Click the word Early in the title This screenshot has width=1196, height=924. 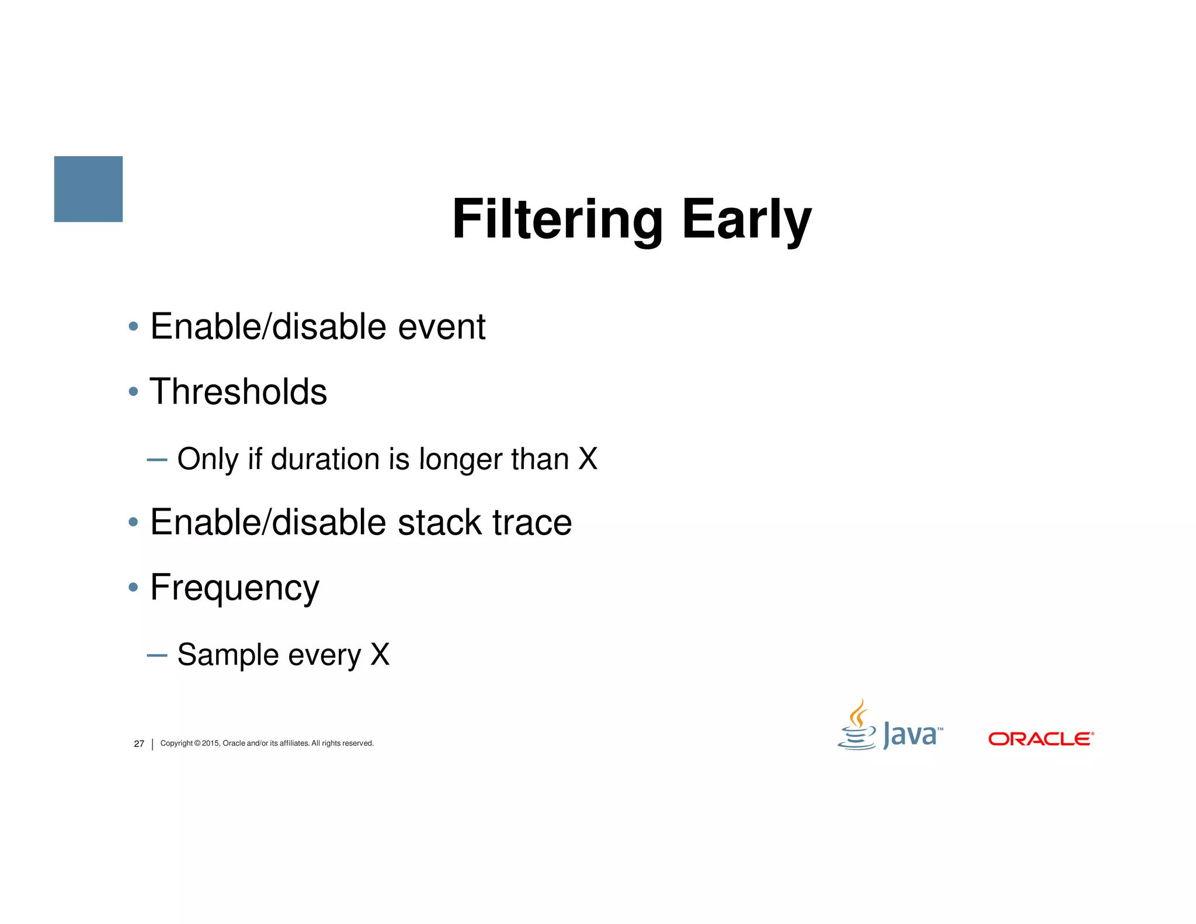(747, 220)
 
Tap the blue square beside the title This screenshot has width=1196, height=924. (88, 189)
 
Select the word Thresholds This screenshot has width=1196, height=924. (238, 391)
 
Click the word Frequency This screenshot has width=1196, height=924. (235, 588)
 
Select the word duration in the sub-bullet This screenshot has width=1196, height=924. (325, 459)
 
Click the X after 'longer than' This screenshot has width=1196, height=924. (587, 459)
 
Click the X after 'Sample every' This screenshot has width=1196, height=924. (380, 655)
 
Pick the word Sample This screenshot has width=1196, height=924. (228, 655)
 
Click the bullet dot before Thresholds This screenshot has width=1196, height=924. (133, 391)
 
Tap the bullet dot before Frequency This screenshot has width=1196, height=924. (133, 586)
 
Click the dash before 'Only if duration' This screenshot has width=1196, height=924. (157, 460)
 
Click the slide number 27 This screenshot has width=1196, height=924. (139, 744)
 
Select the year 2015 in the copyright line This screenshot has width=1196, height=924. (210, 743)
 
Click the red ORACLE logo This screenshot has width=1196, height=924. (1040, 739)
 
